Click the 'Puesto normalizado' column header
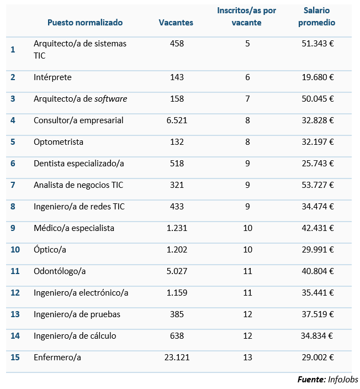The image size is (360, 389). pyautogui.click(x=85, y=23)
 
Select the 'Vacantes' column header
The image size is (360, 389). pyautogui.click(x=176, y=23)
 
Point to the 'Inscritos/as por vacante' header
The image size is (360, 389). pyautogui.click(x=247, y=17)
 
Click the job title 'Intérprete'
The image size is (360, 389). pyautogui.click(x=52, y=77)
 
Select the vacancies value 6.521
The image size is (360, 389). pyautogui.click(x=177, y=120)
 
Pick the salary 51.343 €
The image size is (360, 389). pyautogui.click(x=319, y=44)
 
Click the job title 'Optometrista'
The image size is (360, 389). pyautogui.click(x=59, y=142)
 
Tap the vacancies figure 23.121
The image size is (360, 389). pyautogui.click(x=177, y=358)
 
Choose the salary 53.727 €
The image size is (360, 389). pyautogui.click(x=319, y=185)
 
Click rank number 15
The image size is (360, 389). pyautogui.click(x=15, y=358)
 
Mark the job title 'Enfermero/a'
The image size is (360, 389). pyautogui.click(x=57, y=358)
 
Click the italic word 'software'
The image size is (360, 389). pyautogui.click(x=110, y=99)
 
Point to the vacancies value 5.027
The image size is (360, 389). pyautogui.click(x=177, y=271)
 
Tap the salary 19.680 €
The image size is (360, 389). pyautogui.click(x=319, y=77)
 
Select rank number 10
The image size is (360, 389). pyautogui.click(x=15, y=250)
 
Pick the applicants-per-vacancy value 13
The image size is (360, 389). pyautogui.click(x=247, y=358)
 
